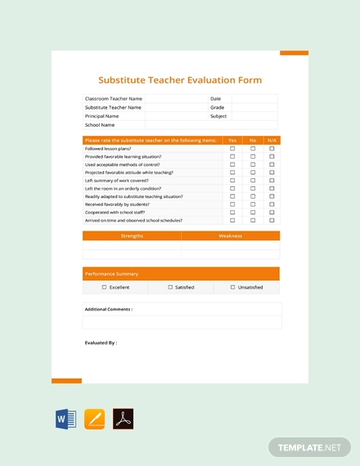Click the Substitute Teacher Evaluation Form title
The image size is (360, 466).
point(180,80)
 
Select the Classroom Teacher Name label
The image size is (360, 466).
point(113,98)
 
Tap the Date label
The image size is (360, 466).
point(215,98)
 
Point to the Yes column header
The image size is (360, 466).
point(232,141)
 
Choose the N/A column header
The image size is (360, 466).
point(272,141)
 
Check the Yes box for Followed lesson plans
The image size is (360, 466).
point(232,149)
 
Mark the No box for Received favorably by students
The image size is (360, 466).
point(253,204)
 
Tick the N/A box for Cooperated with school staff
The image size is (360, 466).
point(272,213)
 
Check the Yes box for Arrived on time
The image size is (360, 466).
point(232,221)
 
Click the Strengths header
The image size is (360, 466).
point(132,235)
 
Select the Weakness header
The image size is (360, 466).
point(230,235)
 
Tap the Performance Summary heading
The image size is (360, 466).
point(111,274)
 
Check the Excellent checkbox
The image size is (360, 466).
point(104,288)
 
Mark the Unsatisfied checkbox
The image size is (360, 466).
point(233,288)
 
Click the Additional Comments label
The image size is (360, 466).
point(108,310)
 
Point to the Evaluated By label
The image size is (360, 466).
point(101,343)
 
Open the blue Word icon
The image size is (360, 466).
point(65,419)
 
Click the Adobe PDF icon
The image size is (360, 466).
point(123,419)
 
